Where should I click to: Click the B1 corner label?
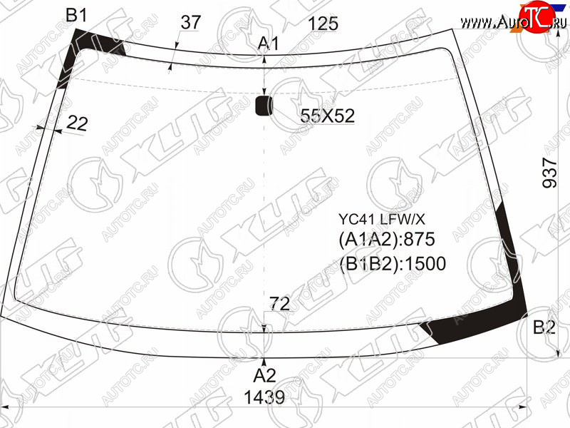click(x=76, y=15)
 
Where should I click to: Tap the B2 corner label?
click(x=544, y=327)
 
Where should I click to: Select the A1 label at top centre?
click(x=268, y=44)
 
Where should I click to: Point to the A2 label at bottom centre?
click(x=264, y=376)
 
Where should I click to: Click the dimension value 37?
click(x=190, y=22)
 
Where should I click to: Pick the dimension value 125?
click(x=323, y=24)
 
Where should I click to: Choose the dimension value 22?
click(x=77, y=123)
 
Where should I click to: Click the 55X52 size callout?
click(x=327, y=116)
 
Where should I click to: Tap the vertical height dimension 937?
click(x=549, y=173)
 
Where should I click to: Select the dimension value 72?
click(x=279, y=304)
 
